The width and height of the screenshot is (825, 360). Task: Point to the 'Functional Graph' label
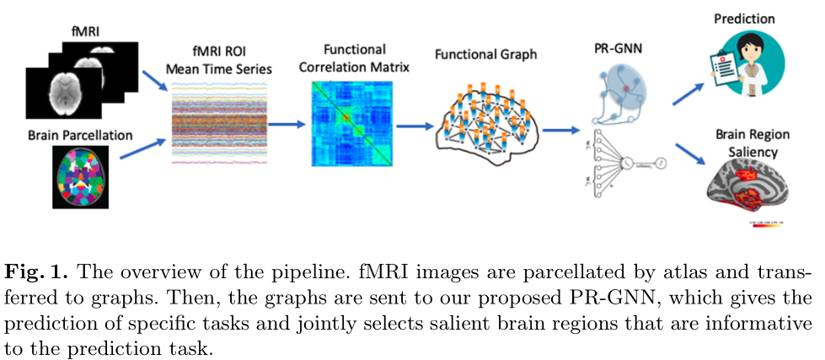[x=485, y=55]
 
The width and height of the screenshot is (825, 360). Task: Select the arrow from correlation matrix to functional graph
[x=410, y=126]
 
